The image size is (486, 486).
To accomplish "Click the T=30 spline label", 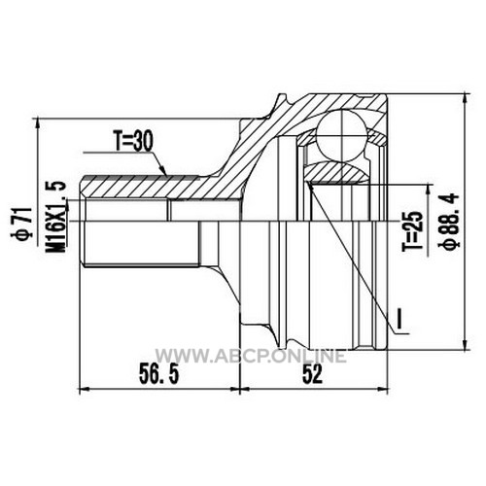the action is pos(133,142).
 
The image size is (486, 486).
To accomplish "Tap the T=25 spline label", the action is pos(414,231).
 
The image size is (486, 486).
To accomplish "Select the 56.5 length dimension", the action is pos(159,374).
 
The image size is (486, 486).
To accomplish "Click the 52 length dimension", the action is pos(313,374).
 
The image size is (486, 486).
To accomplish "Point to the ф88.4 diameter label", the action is pos(450,222).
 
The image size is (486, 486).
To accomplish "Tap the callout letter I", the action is pos(400,318).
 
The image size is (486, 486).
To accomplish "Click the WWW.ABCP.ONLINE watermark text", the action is pos(251,356).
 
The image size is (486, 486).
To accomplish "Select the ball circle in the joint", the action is pos(341,135).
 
